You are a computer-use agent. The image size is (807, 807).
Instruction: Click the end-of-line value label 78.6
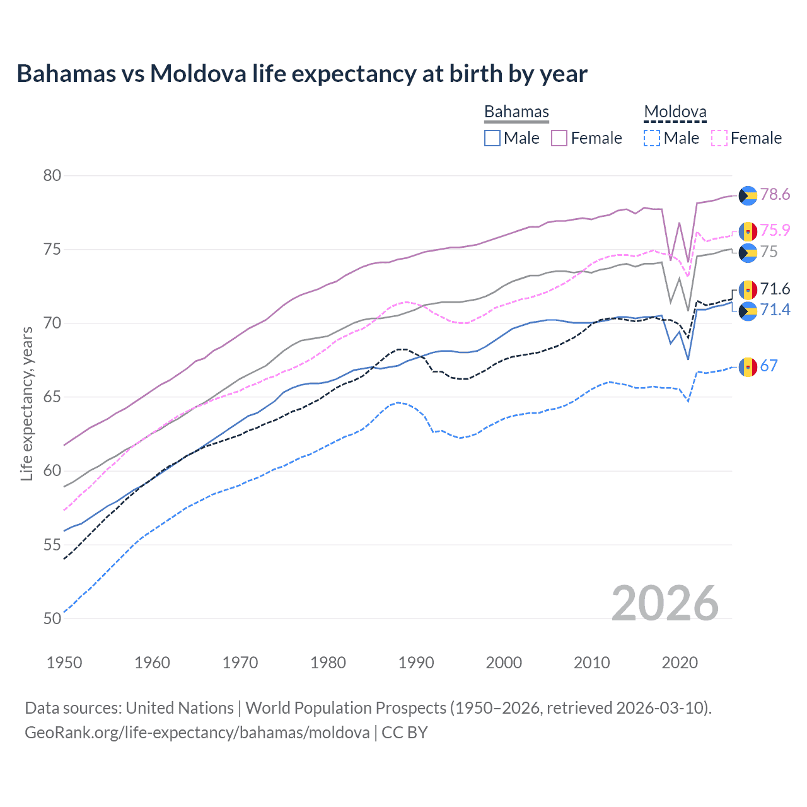(x=775, y=195)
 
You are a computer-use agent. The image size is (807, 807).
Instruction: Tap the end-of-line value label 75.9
(x=775, y=231)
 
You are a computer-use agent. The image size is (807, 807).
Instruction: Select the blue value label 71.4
(x=775, y=310)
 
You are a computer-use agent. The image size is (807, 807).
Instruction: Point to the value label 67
(x=769, y=366)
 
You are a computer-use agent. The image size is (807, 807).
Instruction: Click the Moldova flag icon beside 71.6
(x=748, y=290)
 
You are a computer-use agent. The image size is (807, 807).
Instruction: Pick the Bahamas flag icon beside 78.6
(x=748, y=195)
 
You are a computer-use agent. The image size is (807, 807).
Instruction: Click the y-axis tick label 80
(x=52, y=176)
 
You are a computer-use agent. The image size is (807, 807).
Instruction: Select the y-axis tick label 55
(x=52, y=545)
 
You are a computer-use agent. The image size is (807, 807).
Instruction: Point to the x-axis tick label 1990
(x=416, y=663)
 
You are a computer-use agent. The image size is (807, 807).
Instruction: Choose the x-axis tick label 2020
(x=680, y=663)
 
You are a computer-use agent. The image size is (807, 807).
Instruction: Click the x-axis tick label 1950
(x=64, y=663)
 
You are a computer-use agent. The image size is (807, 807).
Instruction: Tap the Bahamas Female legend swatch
(x=559, y=138)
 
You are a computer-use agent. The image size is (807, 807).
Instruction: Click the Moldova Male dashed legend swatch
(x=652, y=138)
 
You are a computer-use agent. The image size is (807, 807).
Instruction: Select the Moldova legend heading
(x=675, y=112)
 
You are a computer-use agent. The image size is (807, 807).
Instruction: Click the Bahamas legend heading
(x=516, y=112)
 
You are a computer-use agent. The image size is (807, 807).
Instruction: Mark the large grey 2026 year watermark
(x=665, y=603)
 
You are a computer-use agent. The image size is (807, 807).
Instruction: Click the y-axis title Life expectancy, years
(x=27, y=403)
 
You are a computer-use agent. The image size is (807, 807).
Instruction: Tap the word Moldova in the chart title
(x=198, y=74)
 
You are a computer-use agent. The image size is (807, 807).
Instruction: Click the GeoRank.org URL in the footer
(x=197, y=733)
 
